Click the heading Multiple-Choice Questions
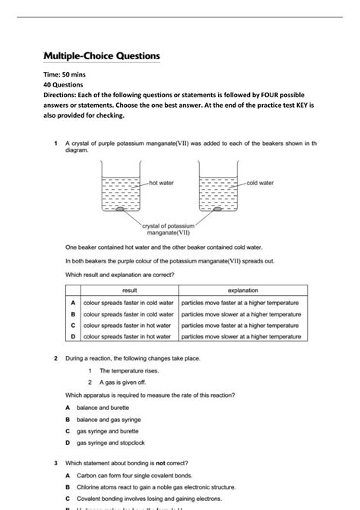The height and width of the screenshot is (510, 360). (x=101, y=57)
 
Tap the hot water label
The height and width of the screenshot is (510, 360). (x=163, y=183)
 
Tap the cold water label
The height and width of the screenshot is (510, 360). (x=261, y=183)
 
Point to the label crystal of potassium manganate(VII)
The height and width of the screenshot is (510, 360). (x=169, y=230)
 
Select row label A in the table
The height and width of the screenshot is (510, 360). (x=72, y=302)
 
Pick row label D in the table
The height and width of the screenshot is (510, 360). (x=72, y=336)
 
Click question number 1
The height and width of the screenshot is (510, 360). (x=56, y=143)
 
